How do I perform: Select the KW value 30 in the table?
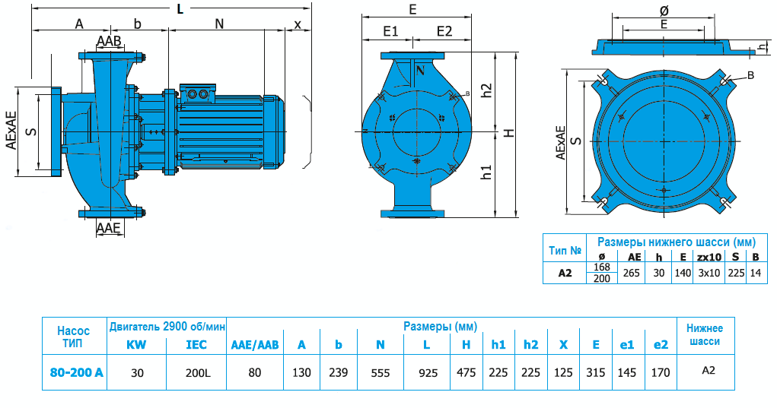tap(136, 372)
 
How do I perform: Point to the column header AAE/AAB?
tap(255, 344)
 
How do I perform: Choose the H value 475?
tap(466, 372)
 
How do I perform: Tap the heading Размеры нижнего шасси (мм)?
tap(677, 242)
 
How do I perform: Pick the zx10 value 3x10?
tap(709, 273)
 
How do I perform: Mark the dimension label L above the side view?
tap(180, 8)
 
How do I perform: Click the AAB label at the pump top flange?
tap(109, 40)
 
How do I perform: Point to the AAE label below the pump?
tap(109, 227)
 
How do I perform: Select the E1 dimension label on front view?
tap(391, 31)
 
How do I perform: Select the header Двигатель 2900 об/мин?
tap(167, 327)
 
